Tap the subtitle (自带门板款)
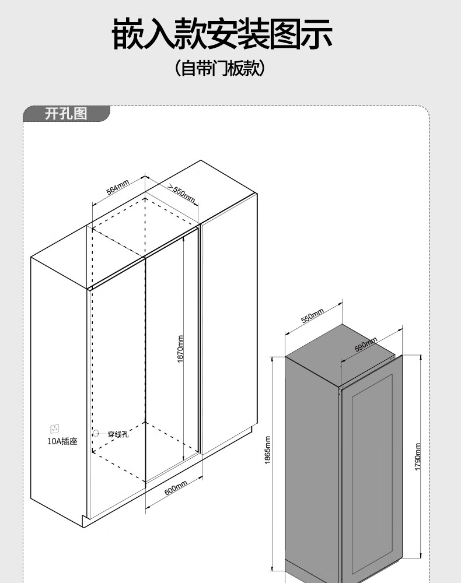coord(220,69)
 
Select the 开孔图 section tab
coord(65,114)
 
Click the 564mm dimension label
coord(117,188)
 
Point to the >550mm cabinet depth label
coord(181,192)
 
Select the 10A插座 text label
coord(62,441)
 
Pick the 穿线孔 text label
coord(117,434)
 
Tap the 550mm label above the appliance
coord(312,316)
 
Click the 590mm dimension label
coord(366,345)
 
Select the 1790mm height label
coord(418,458)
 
